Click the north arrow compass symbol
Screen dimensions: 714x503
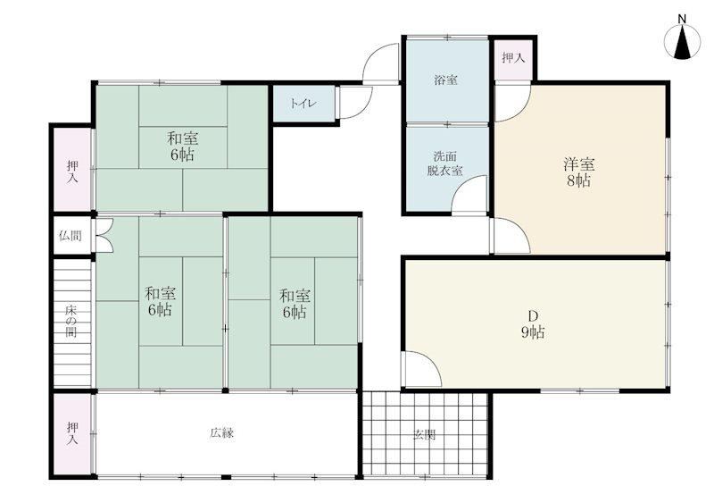(682, 42)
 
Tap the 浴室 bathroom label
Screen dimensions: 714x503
(445, 80)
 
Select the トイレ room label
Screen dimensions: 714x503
(303, 104)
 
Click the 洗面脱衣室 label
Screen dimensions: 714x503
(444, 163)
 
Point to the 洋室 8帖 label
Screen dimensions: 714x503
(578, 172)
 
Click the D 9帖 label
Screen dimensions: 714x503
(533, 324)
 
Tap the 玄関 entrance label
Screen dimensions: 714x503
(425, 435)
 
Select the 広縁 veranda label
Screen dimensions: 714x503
(221, 432)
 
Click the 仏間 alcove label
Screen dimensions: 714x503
(71, 236)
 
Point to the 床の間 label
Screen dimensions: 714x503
(71, 322)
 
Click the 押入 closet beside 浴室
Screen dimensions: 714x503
(513, 58)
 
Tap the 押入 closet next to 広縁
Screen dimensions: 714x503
(72, 433)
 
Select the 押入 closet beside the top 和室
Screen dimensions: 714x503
(72, 170)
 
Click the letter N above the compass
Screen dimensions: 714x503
(682, 19)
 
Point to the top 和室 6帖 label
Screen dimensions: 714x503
(182, 147)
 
